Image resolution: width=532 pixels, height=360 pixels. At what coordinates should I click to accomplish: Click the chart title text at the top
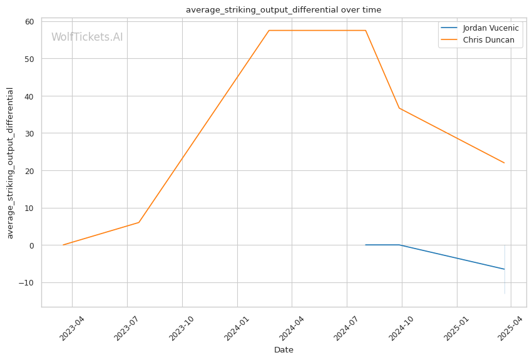(284, 10)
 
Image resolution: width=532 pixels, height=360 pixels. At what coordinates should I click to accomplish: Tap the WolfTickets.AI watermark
(87, 37)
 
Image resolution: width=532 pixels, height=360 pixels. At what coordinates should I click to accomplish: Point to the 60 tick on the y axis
(30, 22)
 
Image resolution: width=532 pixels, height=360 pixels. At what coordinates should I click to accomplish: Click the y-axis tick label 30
(30, 133)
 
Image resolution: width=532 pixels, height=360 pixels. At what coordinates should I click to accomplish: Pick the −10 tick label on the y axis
(26, 282)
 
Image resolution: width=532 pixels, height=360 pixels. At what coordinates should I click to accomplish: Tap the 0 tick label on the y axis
(32, 245)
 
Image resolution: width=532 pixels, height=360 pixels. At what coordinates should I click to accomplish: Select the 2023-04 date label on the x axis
(72, 328)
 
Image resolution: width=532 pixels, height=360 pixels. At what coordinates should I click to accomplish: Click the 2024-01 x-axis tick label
(237, 328)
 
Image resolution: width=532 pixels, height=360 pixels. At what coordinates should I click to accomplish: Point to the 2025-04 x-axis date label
(510, 328)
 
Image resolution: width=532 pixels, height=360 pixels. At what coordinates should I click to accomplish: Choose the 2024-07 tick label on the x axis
(347, 328)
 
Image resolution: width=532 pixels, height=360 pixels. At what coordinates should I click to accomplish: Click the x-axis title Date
(284, 350)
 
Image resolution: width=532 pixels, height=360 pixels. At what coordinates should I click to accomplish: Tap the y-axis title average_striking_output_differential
(10, 163)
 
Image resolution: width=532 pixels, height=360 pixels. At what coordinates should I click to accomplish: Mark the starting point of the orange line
(63, 245)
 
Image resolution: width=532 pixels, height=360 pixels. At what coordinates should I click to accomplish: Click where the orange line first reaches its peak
(269, 31)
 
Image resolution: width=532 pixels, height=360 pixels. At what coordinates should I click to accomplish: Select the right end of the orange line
(504, 163)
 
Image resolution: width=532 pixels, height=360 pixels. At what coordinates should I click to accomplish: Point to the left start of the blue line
(366, 245)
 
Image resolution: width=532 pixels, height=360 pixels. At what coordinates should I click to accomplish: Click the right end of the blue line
(504, 269)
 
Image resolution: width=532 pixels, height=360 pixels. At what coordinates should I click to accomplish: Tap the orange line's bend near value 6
(139, 223)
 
